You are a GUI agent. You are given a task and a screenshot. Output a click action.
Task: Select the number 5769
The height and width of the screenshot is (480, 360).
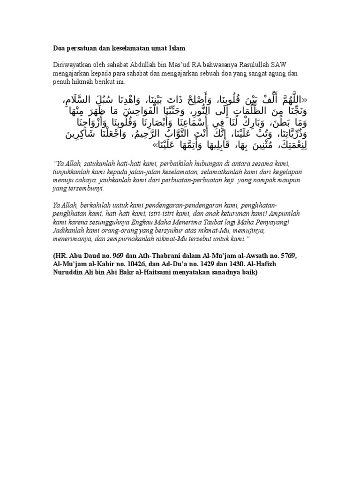point(287,255)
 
